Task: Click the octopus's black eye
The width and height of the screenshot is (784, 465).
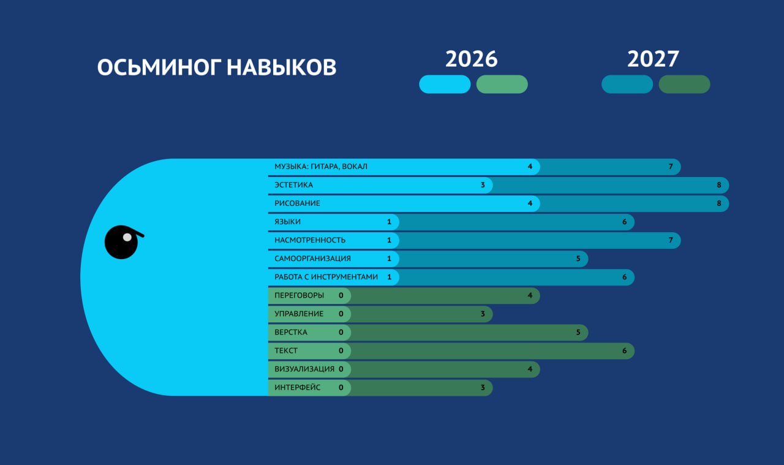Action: (121, 243)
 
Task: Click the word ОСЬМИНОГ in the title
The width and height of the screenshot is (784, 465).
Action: (159, 67)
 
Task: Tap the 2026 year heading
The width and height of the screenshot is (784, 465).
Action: (472, 59)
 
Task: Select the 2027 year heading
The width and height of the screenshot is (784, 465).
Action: (653, 59)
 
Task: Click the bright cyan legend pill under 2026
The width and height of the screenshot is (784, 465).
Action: (445, 84)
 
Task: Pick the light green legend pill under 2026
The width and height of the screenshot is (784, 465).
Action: (502, 84)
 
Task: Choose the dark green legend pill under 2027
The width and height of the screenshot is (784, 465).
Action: (684, 84)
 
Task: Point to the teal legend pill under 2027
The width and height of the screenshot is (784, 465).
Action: (627, 84)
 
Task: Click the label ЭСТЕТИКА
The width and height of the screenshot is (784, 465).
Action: (293, 185)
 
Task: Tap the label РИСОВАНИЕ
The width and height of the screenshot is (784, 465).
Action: (297, 203)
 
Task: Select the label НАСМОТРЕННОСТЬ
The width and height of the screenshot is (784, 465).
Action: (310, 240)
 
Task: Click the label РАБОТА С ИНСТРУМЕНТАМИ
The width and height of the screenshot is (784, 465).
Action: (326, 277)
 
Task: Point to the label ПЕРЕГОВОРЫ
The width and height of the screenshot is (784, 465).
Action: (300, 295)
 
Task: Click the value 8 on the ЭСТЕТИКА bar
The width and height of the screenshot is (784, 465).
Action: (719, 185)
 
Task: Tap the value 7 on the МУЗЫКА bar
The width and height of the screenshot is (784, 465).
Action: (671, 166)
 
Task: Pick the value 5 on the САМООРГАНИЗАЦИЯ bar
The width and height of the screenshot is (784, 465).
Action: (578, 259)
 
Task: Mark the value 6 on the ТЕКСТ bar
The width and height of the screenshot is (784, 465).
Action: (624, 350)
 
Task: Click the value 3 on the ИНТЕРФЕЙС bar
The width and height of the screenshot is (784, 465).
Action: (483, 387)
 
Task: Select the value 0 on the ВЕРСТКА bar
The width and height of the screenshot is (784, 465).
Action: (341, 332)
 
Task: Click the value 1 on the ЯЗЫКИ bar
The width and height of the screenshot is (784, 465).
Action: (389, 222)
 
